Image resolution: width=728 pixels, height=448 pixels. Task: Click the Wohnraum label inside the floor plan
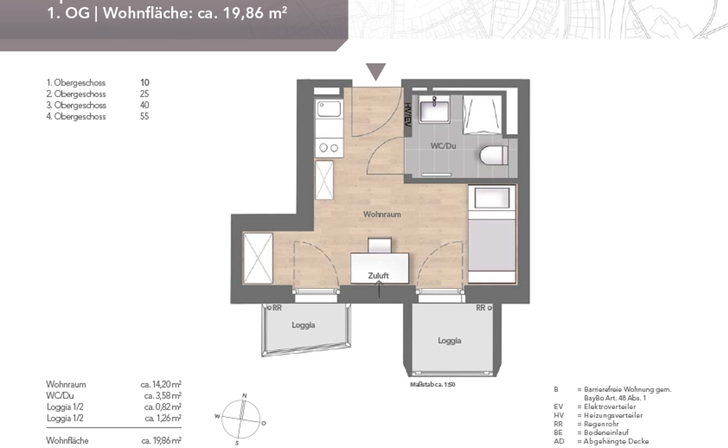382,214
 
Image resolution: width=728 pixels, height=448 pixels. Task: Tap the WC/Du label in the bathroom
443,146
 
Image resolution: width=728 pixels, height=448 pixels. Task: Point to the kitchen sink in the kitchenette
329,109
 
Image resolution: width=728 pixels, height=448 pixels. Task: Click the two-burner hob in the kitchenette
329,148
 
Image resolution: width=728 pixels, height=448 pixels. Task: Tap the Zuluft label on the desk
378,276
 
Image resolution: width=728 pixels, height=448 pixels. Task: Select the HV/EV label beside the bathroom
408,115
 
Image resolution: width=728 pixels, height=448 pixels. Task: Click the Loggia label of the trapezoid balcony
303,325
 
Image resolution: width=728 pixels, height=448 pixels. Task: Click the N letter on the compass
245,395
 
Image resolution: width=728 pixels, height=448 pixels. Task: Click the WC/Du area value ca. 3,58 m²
163,396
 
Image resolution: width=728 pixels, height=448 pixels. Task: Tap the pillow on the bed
492,198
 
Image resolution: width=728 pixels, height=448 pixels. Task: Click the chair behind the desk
379,245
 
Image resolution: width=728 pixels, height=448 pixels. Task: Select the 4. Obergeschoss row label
76,116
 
